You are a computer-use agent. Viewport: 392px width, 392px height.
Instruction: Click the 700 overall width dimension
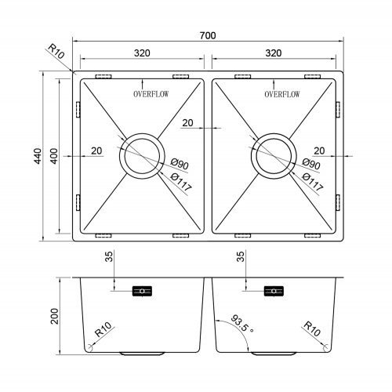pyautogui.click(x=208, y=35)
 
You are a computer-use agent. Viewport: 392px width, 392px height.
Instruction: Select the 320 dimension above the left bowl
pyautogui.click(x=142, y=53)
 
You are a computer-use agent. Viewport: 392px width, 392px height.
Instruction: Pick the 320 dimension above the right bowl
pyautogui.click(x=274, y=53)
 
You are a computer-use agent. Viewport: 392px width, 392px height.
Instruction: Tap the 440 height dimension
pyautogui.click(x=38, y=156)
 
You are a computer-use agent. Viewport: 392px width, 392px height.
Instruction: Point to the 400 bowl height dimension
pyautogui.click(x=54, y=156)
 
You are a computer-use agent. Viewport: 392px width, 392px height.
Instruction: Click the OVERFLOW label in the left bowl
pyautogui.click(x=151, y=94)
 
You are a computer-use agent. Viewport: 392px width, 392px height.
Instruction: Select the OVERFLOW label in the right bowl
pyautogui.click(x=282, y=94)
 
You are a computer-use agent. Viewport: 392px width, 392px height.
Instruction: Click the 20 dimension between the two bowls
pyautogui.click(x=187, y=123)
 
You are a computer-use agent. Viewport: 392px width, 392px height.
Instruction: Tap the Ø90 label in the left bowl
pyautogui.click(x=180, y=164)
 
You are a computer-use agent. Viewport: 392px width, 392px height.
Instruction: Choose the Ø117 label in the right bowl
pyautogui.click(x=313, y=182)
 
